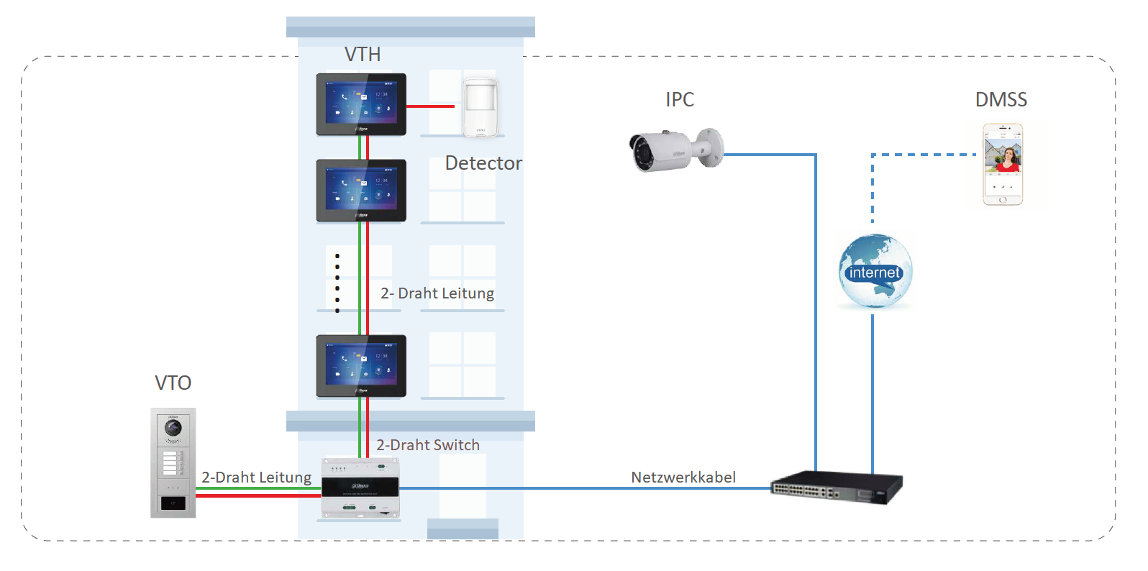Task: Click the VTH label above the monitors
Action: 362,55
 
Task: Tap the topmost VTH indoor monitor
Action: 361,104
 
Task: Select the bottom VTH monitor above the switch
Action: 361,365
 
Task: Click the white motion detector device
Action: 480,106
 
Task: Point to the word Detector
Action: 483,163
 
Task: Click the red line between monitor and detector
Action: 430,106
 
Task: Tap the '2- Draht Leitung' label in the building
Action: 437,293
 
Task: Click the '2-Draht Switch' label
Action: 428,445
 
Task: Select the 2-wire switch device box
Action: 360,488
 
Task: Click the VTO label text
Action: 173,383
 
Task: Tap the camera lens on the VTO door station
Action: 173,428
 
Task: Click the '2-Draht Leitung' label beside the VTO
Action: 256,478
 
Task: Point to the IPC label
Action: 680,100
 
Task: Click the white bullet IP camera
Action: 675,150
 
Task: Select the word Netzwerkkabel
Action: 683,478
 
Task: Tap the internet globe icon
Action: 875,272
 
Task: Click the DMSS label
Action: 1001,100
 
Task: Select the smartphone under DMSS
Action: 1003,164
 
